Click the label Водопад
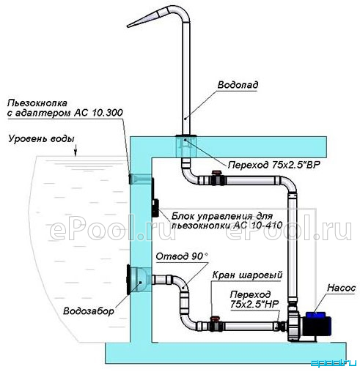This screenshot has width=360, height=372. click(238, 85)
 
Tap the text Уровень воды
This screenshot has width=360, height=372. click(41, 138)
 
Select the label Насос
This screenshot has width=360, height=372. click(341, 288)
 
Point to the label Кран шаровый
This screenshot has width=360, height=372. click(247, 275)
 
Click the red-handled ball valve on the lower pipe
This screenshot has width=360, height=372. click(216, 324)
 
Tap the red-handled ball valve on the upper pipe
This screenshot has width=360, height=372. click(218, 178)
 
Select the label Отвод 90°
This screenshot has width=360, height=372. click(182, 256)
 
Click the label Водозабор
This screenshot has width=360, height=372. click(89, 311)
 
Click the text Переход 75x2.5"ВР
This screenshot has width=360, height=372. click(273, 165)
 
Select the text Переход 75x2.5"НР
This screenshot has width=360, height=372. click(254, 299)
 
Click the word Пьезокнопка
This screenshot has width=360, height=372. click(37, 103)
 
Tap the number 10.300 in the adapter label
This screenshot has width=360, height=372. click(107, 113)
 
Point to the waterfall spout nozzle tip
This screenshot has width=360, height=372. click(128, 26)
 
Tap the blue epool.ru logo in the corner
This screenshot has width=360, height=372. click(334, 363)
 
